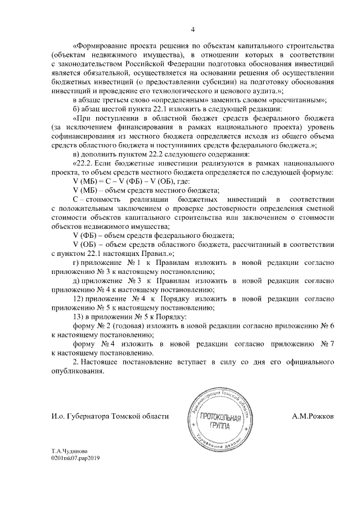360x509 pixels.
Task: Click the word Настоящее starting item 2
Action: [x=113, y=362]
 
